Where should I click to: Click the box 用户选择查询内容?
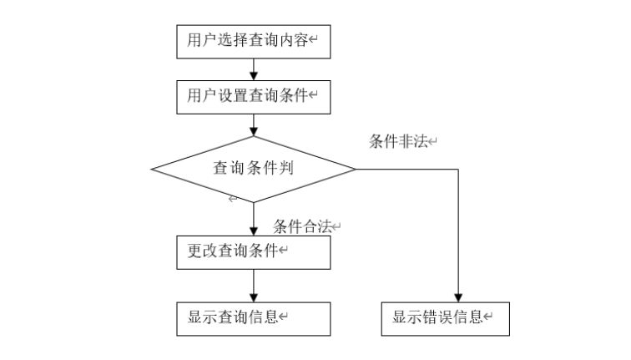253,41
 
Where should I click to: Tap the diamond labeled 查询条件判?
253,169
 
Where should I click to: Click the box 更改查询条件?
253,252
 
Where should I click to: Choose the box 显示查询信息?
253,317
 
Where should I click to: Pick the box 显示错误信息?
445,317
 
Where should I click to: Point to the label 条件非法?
399,141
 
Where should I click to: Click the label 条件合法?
302,226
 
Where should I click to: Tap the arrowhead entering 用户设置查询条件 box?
253,75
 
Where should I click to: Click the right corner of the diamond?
355,169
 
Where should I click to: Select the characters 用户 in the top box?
199,41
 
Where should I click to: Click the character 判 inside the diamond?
285,169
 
